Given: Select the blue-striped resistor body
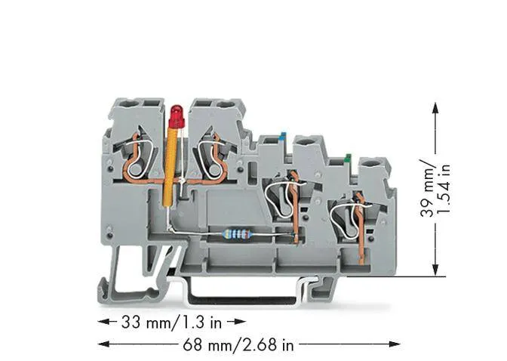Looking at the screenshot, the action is (237, 234).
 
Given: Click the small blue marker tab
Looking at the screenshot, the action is (282, 136).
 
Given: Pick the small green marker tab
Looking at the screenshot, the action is (348, 158).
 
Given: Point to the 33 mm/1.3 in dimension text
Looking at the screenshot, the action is (172, 322).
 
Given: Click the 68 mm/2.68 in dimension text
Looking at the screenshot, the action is (238, 344).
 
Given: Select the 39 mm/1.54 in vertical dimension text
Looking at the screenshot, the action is (435, 188).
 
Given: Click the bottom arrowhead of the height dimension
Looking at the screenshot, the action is (435, 270).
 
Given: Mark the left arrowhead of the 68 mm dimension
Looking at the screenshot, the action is (103, 344).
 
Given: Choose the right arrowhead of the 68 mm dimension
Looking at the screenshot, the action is (395, 344).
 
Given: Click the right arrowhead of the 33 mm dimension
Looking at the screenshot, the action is (241, 322).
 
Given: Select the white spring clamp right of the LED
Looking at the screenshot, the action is (210, 159).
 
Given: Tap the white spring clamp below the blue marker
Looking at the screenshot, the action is (282, 199).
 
